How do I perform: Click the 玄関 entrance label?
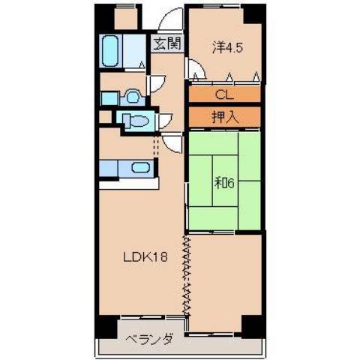167,43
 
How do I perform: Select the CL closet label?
223,94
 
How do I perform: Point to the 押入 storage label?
223,116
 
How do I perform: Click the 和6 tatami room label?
224,181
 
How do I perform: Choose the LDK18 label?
145,257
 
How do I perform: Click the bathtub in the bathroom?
112,51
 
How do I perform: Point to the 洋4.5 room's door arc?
196,73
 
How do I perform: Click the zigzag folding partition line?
184,274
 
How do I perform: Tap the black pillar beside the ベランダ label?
106,325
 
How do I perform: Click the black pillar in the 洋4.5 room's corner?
253,14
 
